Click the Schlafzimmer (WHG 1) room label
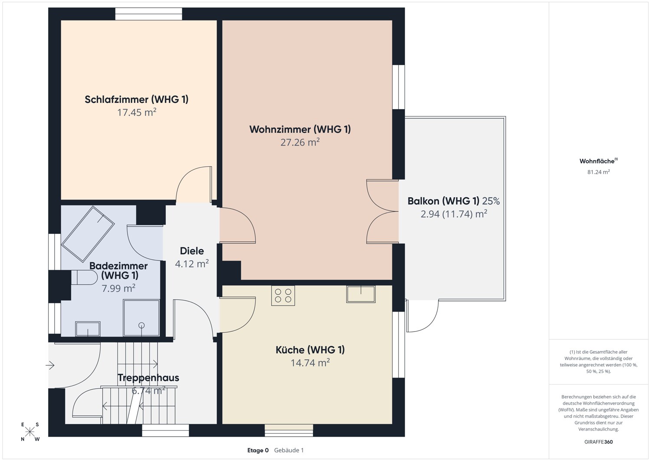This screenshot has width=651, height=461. click(137, 99)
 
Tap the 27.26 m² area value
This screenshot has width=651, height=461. click(300, 142)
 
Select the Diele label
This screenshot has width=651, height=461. click(192, 251)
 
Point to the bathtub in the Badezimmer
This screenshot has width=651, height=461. click(88, 234)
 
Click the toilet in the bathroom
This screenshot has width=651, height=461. click(84, 277)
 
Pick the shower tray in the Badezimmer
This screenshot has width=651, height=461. click(141, 318)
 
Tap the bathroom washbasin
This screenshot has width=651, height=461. click(88, 328)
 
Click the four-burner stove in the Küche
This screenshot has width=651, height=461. click(283, 295)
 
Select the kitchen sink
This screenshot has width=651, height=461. click(361, 294)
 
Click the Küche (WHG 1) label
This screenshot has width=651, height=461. click(310, 349)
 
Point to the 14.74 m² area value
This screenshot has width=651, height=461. click(310, 363)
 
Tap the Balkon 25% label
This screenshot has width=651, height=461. click(454, 201)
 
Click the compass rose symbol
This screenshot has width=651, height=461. click(30, 431)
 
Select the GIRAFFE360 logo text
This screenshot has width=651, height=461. click(598, 442)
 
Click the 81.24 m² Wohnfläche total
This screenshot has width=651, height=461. click(598, 172)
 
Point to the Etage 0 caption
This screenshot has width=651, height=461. click(258, 450)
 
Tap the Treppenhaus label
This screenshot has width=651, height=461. click(148, 378)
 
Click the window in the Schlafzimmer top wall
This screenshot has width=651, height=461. click(148, 13)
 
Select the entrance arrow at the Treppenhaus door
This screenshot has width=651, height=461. click(50, 365)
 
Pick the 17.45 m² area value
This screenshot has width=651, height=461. click(137, 113)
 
